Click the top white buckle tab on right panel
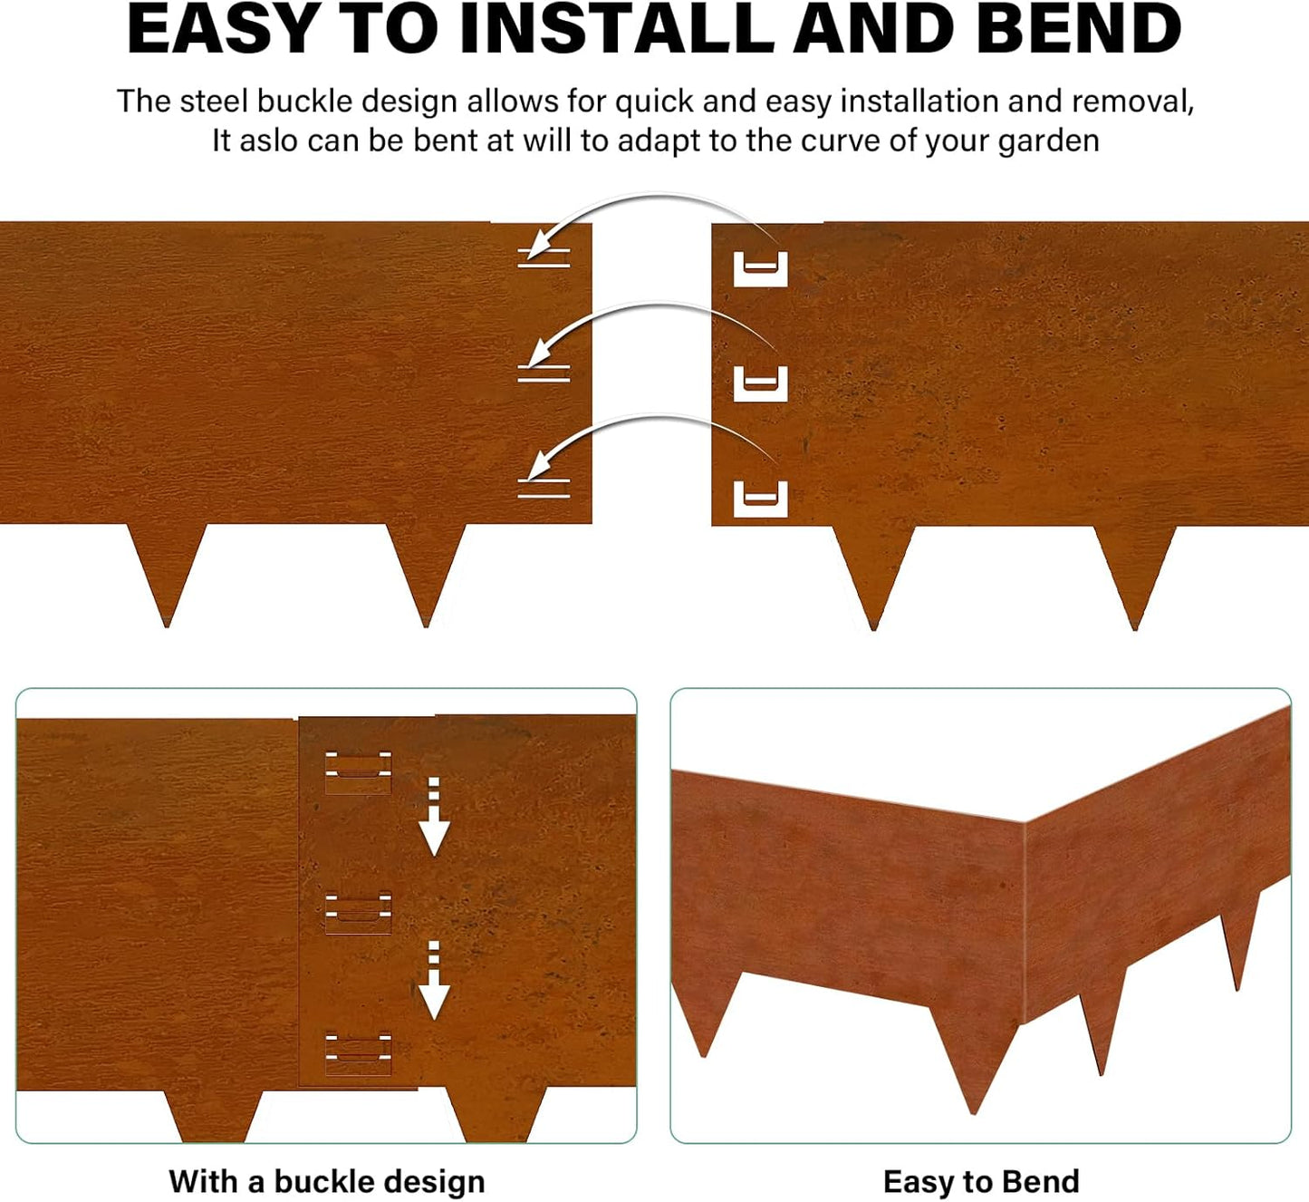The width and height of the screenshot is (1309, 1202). [760, 269]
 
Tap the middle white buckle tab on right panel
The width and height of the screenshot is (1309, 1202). [760, 383]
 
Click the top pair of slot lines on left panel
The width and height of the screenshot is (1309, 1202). [544, 257]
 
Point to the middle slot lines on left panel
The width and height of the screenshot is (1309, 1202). [544, 373]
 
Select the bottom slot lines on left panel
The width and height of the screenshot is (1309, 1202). [544, 488]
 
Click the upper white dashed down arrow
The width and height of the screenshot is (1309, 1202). [434, 817]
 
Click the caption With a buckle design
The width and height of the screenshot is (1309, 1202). [327, 1182]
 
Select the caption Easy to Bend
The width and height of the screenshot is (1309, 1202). [981, 1182]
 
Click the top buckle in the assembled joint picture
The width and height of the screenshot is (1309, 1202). [359, 771]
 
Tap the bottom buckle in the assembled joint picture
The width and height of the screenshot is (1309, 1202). [359, 1054]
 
